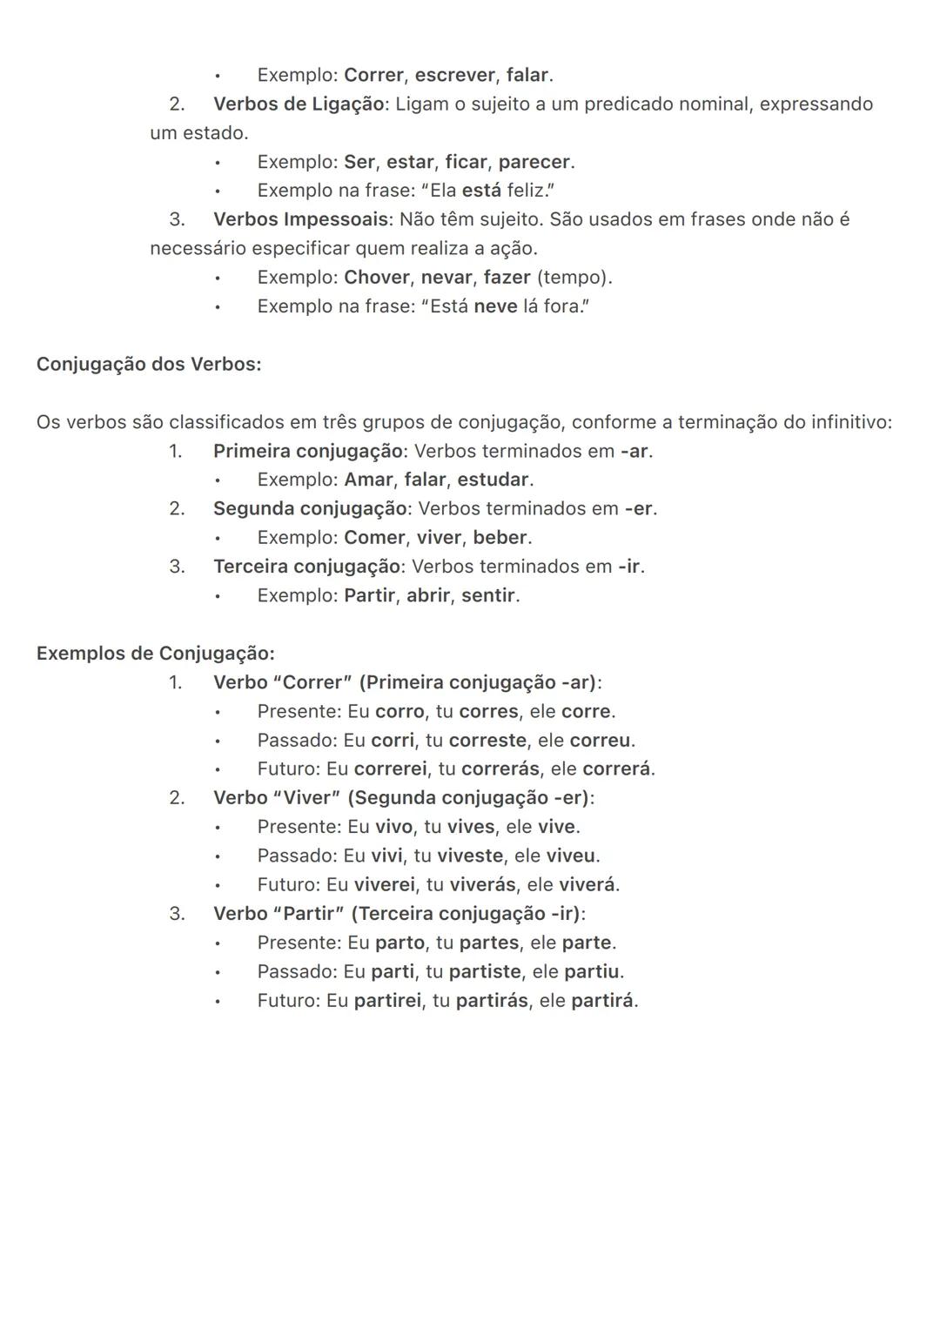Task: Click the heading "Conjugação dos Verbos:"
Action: [x=149, y=365]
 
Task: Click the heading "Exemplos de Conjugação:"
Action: [x=155, y=654]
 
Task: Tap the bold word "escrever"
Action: [x=455, y=75]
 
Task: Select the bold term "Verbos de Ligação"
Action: [x=299, y=104]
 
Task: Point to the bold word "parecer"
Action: [x=534, y=162]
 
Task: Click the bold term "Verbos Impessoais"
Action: [x=300, y=219]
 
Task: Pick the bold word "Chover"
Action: [x=376, y=278]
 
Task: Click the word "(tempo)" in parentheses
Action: [x=573, y=278]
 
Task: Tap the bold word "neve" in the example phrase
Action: [x=495, y=306]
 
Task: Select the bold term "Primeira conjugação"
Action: [x=308, y=451]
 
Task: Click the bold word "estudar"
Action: [x=493, y=480]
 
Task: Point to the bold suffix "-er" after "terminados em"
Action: [x=639, y=508]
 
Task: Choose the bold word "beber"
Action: [x=500, y=538]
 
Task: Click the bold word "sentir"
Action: [x=488, y=596]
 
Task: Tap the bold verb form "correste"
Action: [x=487, y=741]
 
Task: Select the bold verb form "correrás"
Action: [x=494, y=769]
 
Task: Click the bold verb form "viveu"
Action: [x=570, y=856]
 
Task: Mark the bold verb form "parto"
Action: [x=399, y=943]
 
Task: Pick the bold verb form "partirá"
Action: [x=602, y=1001]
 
